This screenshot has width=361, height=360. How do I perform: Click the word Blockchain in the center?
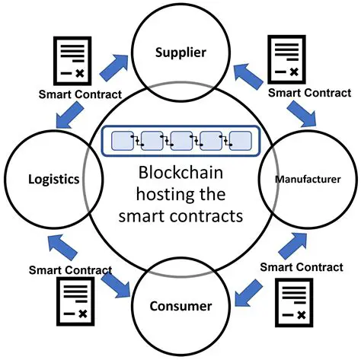tap(180, 174)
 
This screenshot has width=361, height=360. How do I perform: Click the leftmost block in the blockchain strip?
tap(122, 141)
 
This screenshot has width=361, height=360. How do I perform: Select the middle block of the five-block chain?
tap(180, 141)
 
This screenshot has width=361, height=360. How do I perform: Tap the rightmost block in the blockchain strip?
tap(240, 141)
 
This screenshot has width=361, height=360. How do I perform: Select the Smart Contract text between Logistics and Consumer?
tap(71, 269)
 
